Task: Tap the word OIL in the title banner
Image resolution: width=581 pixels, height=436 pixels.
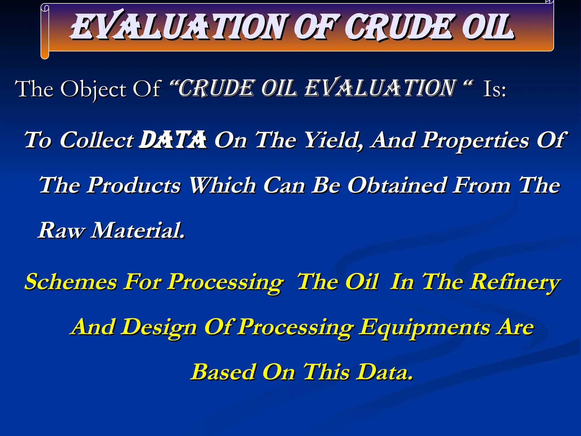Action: click(x=487, y=27)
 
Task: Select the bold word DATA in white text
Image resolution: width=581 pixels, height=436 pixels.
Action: click(x=173, y=140)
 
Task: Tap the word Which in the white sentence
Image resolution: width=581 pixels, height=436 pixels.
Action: click(x=222, y=185)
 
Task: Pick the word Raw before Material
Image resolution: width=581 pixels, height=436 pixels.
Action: click(x=61, y=230)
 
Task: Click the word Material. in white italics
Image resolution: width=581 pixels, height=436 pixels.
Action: click(x=137, y=230)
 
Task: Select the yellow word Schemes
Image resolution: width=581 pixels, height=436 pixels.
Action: click(x=71, y=282)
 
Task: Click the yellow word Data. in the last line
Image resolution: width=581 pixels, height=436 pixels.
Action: click(x=384, y=372)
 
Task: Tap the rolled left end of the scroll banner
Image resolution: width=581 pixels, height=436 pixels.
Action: click(x=45, y=31)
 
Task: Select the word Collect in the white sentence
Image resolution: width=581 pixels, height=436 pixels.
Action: click(x=96, y=140)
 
